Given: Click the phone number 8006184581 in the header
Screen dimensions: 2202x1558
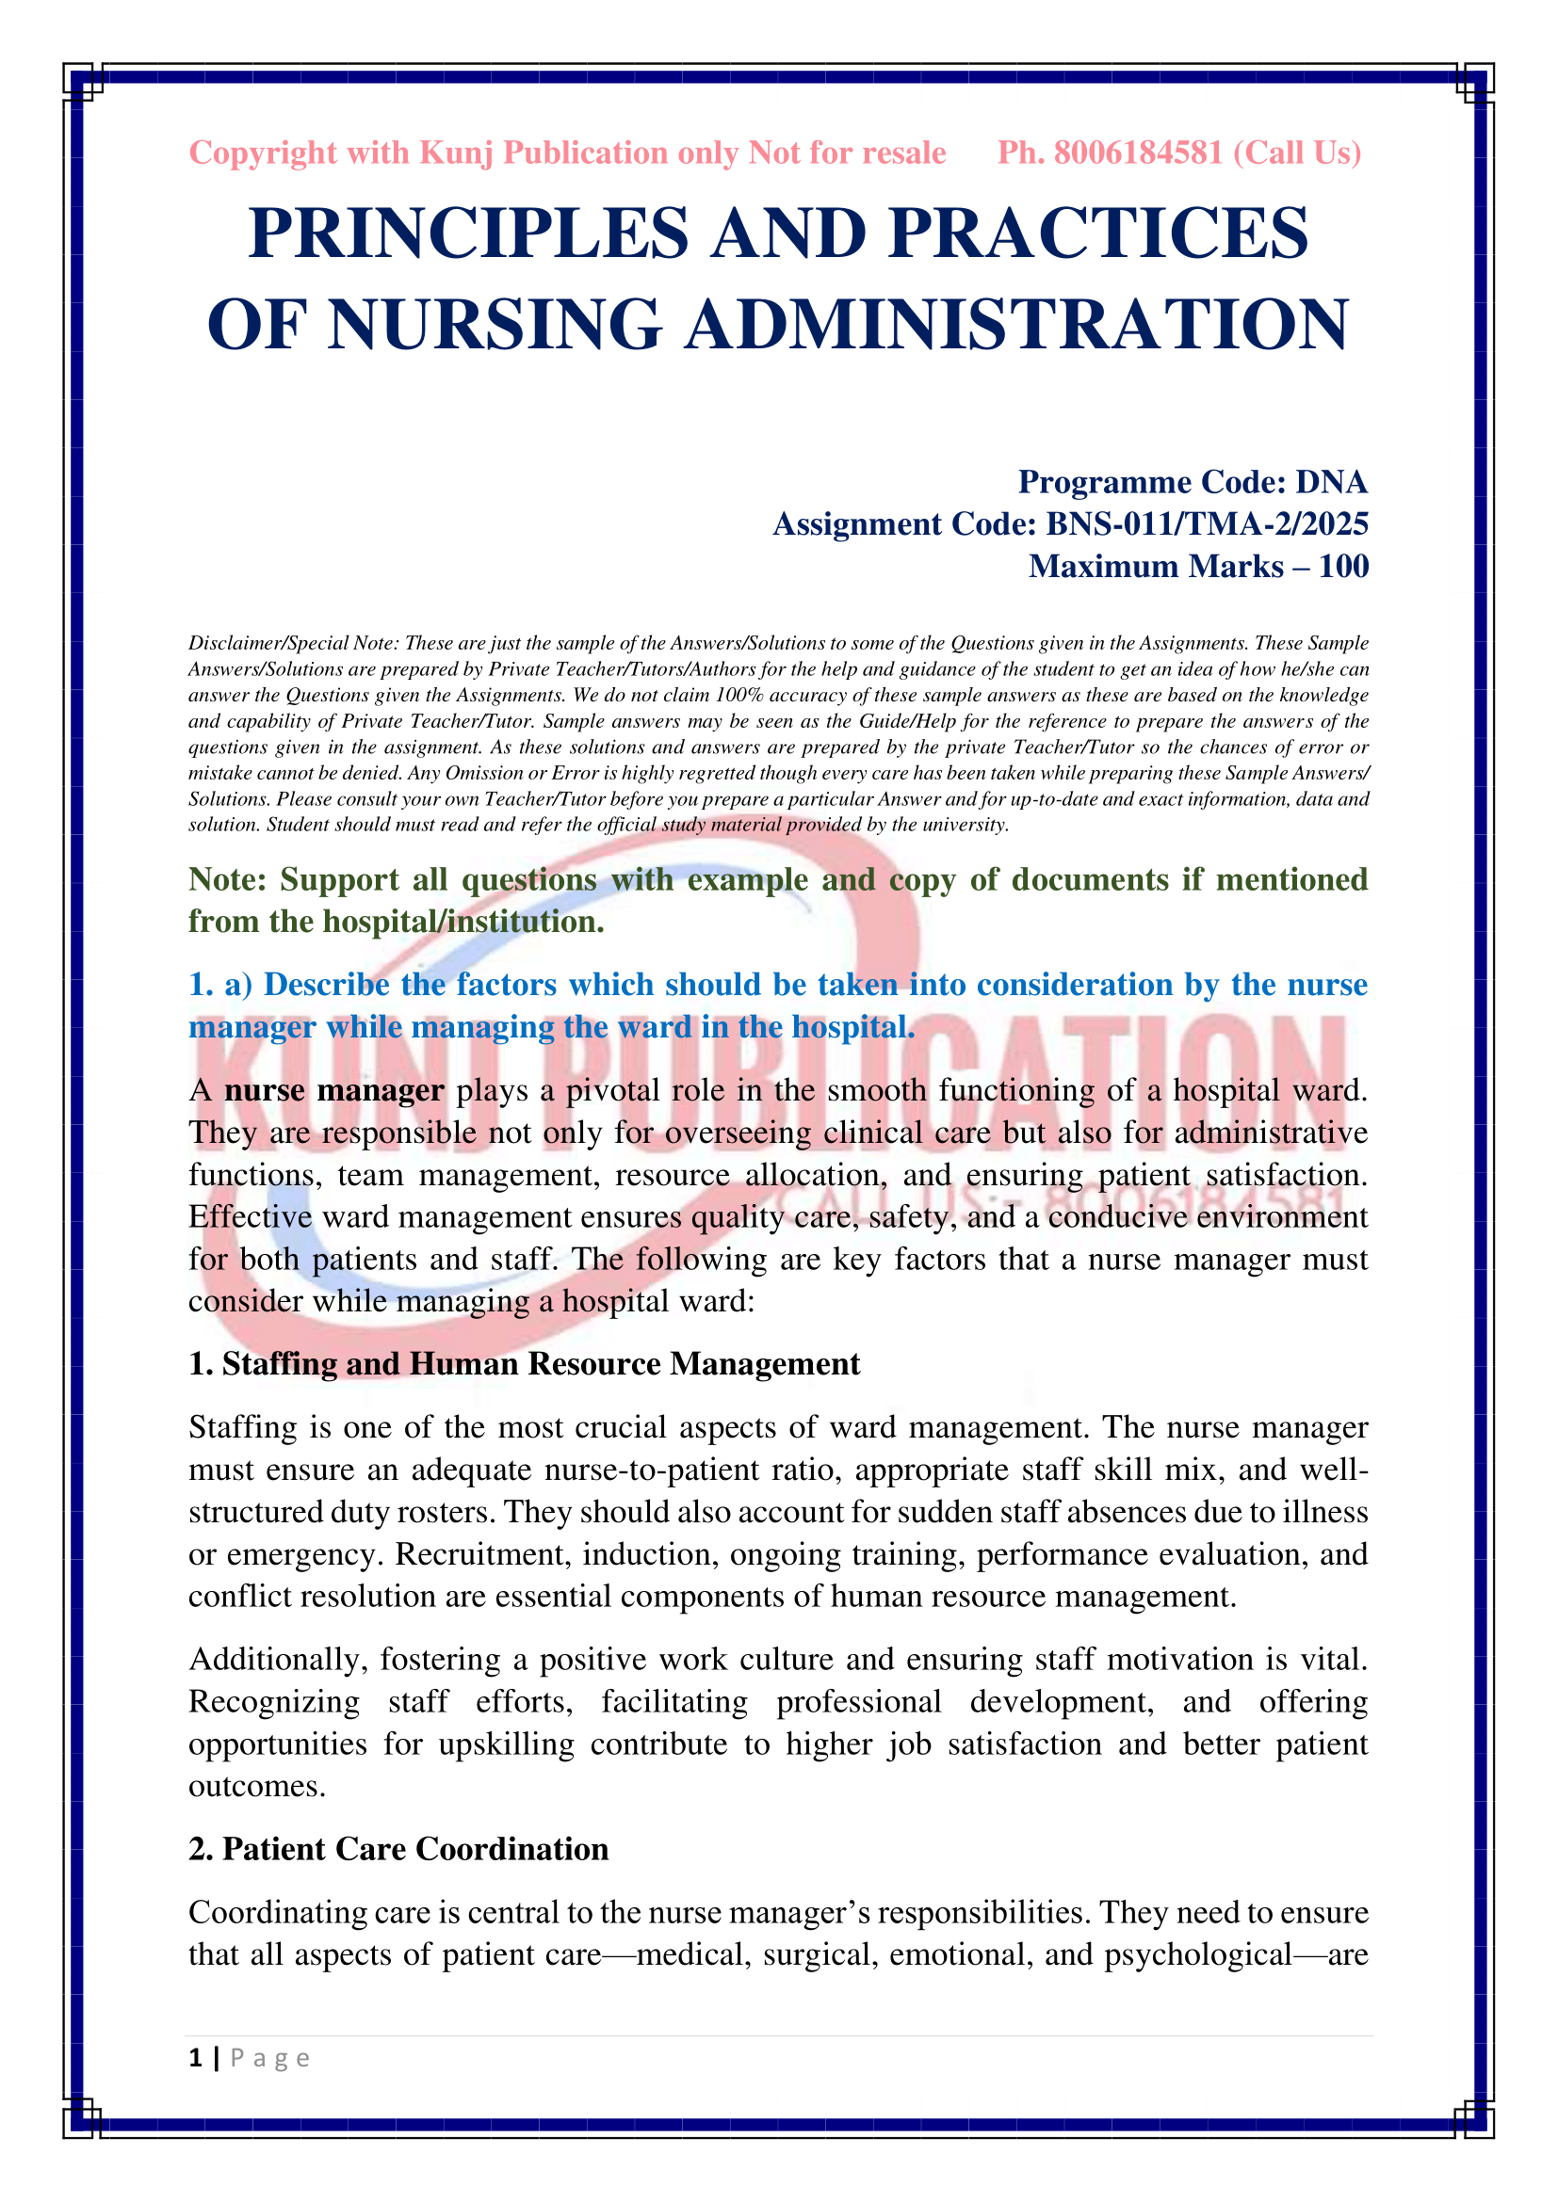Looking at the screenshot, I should [1138, 153].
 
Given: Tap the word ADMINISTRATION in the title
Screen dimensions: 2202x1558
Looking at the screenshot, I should [1017, 324].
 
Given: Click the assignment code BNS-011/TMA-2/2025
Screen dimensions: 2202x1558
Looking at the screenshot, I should [1207, 523].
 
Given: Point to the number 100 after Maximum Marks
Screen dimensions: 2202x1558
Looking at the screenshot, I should [1343, 566].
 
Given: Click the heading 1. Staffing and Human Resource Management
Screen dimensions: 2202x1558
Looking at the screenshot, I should [524, 1364].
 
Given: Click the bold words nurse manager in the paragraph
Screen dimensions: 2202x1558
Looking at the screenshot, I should [333, 1090].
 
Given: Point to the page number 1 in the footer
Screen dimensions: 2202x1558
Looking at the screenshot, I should [196, 2058].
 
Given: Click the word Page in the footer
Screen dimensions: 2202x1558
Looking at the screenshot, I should [270, 2058].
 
